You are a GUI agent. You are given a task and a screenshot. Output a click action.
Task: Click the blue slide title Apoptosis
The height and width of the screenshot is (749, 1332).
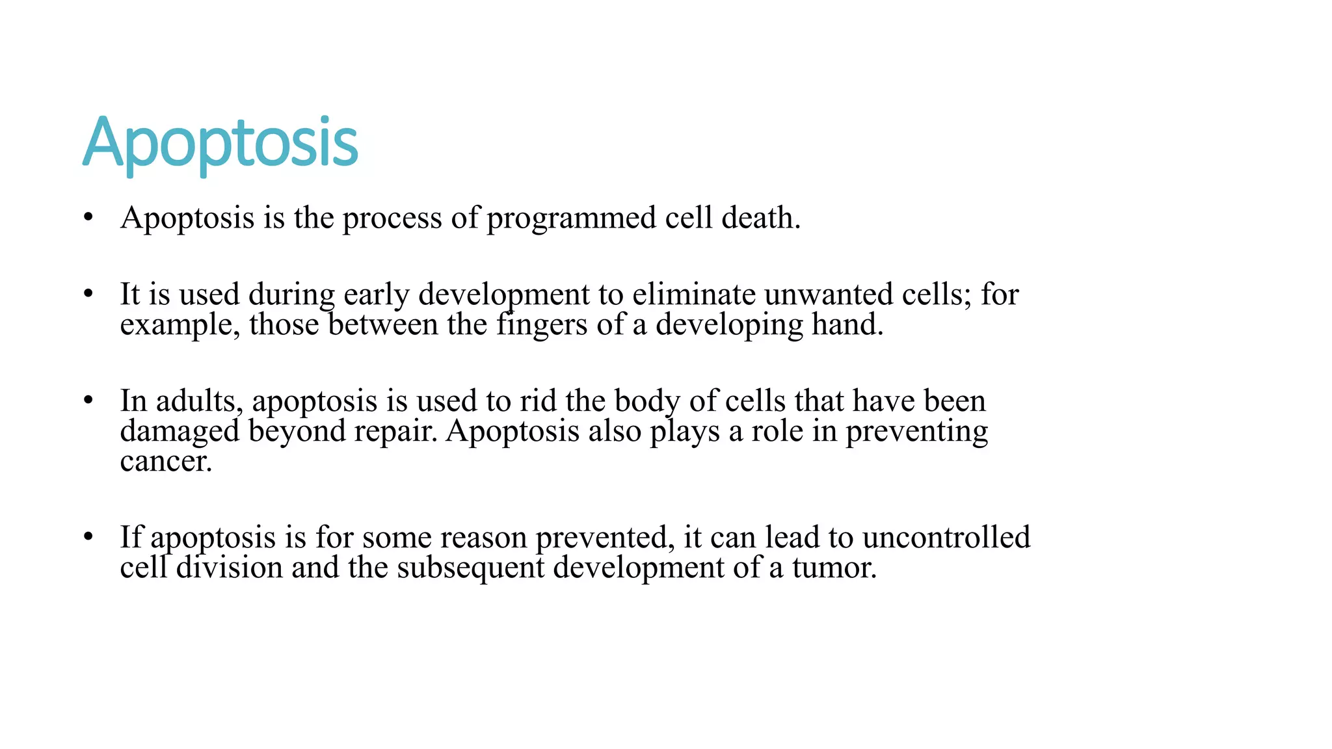pyautogui.click(x=220, y=143)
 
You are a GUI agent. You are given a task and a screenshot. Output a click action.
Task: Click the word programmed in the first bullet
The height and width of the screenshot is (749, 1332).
pyautogui.click(x=571, y=218)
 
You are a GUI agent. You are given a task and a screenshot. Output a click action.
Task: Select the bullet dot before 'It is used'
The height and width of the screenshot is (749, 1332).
pyautogui.click(x=88, y=294)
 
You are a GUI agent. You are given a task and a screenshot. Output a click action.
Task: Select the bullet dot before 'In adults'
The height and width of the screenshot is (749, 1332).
pyautogui.click(x=88, y=401)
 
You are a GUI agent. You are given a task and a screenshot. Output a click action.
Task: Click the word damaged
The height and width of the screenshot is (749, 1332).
pyautogui.click(x=180, y=432)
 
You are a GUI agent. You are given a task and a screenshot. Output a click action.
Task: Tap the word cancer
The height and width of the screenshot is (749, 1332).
pyautogui.click(x=165, y=462)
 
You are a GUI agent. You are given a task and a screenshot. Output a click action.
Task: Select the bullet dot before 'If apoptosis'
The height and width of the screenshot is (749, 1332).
pyautogui.click(x=88, y=537)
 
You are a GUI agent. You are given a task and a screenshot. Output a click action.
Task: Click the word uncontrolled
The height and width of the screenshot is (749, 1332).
pyautogui.click(x=946, y=538)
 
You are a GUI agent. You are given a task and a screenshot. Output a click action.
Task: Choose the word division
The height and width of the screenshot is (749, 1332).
pyautogui.click(x=229, y=568)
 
